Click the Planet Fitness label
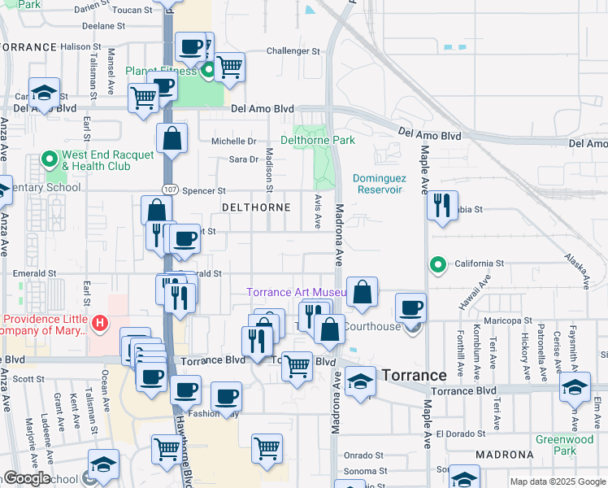pyautogui.click(x=161, y=71)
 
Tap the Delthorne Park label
pyautogui.click(x=318, y=140)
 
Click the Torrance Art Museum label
pyautogui.click(x=297, y=292)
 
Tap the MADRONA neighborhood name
pyautogui.click(x=504, y=454)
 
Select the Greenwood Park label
pyautogui.click(x=563, y=445)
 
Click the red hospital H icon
pyautogui.click(x=100, y=324)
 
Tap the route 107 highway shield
pyautogui.click(x=169, y=189)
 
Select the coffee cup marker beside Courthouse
pyautogui.click(x=411, y=307)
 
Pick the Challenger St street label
pyautogui.click(x=293, y=51)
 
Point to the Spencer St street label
pyautogui.click(x=203, y=191)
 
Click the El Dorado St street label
pyautogui.click(x=460, y=434)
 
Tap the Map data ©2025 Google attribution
pyautogui.click(x=558, y=481)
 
